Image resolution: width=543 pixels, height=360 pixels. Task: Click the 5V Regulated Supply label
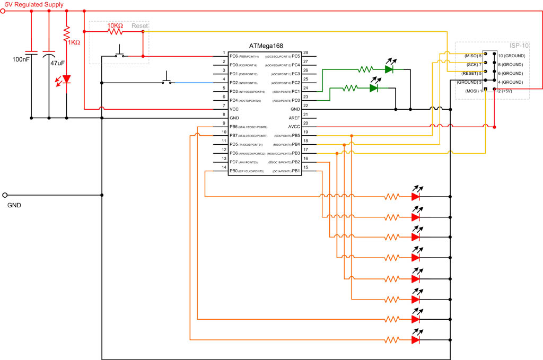[34, 5]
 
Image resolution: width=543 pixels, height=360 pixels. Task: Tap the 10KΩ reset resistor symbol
[116, 31]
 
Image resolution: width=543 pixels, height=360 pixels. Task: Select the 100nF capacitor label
[21, 59]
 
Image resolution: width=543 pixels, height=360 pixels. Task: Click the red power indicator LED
[66, 80]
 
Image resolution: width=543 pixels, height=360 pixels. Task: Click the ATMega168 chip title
[265, 47]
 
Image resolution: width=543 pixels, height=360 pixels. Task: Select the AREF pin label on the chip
[294, 118]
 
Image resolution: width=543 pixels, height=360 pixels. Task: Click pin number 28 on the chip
[306, 52]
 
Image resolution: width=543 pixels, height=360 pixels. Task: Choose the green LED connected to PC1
[389, 69]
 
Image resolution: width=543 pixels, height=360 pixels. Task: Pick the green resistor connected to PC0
[351, 89]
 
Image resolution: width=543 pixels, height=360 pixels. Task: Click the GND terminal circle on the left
[5, 195]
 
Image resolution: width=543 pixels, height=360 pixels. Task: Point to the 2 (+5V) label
[507, 91]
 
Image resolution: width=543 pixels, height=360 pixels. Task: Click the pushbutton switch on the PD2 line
[168, 80]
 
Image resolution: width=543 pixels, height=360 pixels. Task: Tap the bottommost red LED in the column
[416, 339]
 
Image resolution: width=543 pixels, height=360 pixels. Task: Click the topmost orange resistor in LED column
[392, 196]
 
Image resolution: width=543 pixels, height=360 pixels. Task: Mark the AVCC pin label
[293, 127]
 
